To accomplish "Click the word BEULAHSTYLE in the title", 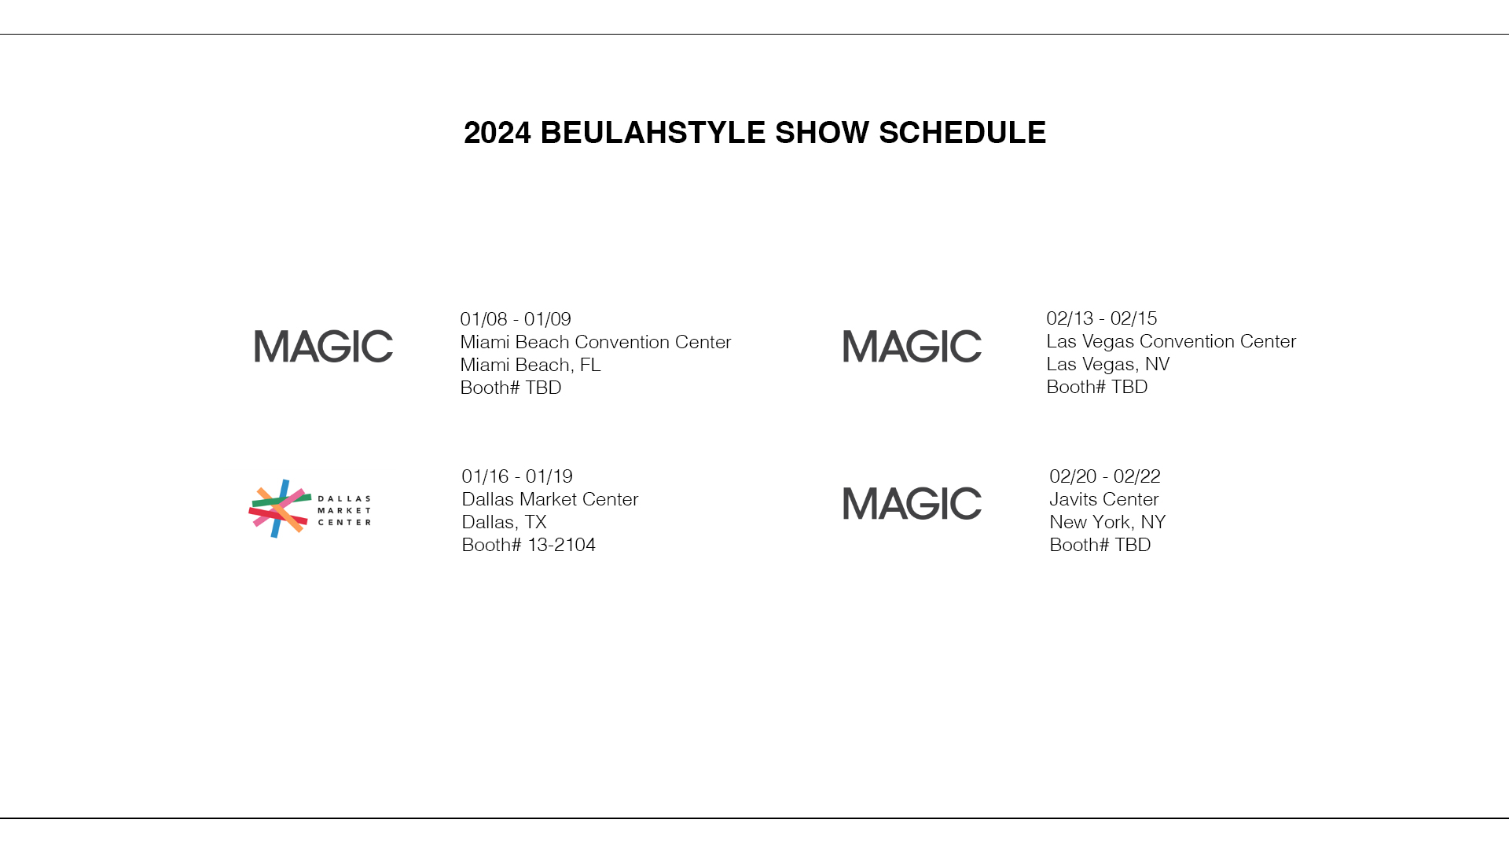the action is [653, 133].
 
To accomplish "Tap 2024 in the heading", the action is [497, 133].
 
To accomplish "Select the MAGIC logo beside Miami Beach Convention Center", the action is [324, 347].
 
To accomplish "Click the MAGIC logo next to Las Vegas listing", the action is [912, 347].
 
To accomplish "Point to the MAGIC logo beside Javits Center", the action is [912, 504].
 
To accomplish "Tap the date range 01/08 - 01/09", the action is [516, 319].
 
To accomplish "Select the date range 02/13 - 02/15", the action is [1102, 318].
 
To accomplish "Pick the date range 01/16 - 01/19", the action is [517, 476].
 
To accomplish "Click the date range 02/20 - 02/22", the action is [1105, 476].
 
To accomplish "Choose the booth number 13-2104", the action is [561, 545].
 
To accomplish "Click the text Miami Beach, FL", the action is [531, 365].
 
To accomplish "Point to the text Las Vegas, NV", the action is [1108, 364].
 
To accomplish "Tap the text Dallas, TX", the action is [504, 522].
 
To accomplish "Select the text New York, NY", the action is [1107, 522].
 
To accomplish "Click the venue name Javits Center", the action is [1104, 499].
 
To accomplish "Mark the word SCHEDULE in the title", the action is [962, 133].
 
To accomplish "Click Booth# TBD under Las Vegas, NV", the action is [1097, 387].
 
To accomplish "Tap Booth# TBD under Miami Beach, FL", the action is [511, 388].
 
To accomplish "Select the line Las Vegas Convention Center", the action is [1171, 341].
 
